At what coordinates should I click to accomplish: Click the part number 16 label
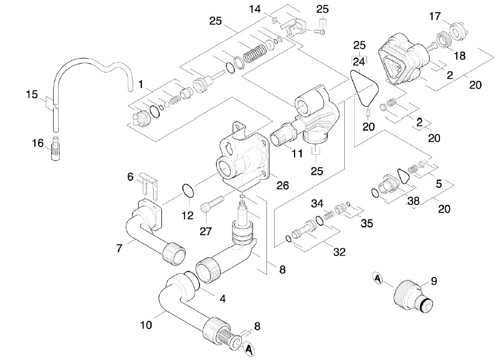[38, 143]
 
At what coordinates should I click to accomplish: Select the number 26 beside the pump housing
[282, 185]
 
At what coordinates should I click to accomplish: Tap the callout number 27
[206, 231]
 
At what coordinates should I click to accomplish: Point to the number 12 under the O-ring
[187, 215]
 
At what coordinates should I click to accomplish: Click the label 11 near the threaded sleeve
[297, 154]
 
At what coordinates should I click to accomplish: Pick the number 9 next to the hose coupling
[434, 281]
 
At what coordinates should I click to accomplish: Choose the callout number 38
[413, 201]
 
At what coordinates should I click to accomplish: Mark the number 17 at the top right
[435, 16]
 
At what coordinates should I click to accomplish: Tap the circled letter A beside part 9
[378, 278]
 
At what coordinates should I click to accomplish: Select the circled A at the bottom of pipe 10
[249, 349]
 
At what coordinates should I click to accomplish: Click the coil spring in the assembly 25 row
[255, 53]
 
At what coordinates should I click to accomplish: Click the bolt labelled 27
[212, 204]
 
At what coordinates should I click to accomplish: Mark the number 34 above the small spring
[317, 204]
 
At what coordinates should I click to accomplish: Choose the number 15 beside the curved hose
[32, 95]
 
